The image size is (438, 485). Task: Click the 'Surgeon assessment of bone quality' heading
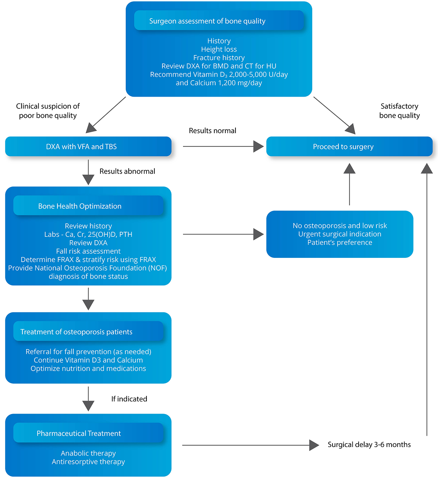pos(207,21)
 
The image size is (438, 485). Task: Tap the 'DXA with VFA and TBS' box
pos(88,147)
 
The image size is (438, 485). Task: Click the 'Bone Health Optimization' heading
pos(80,206)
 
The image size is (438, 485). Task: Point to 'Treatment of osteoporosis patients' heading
pos(76,332)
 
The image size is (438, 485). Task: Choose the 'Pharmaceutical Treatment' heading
pos(79,434)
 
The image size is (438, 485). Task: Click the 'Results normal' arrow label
pos(212,131)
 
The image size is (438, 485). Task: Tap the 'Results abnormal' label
pos(127,171)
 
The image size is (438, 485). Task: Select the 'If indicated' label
pos(129,399)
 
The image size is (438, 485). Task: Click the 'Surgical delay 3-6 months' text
pos(369,444)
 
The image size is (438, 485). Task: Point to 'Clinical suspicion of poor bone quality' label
pos(48,111)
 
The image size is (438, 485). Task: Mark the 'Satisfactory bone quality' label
pos(399,111)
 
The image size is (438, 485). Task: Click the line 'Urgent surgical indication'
pos(340,234)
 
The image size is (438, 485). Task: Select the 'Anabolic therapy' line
pos(88,453)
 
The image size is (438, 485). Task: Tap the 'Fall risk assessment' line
pos(88,251)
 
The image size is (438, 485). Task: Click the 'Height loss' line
pos(219,49)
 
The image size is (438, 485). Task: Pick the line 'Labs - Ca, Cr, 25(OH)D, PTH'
pos(88,234)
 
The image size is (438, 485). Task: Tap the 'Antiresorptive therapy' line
pos(88,462)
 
